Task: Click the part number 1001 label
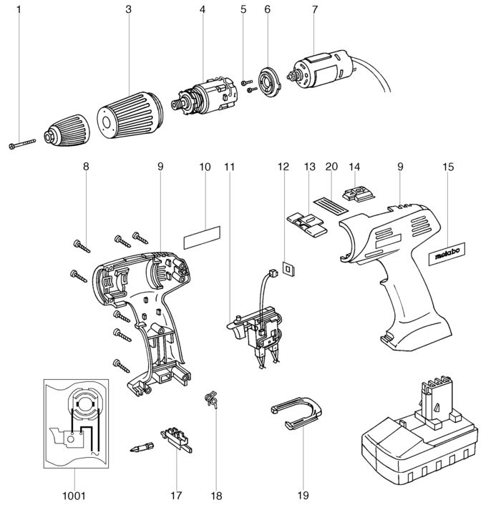click(x=74, y=494)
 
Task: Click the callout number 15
click(x=448, y=167)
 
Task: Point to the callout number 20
click(x=330, y=167)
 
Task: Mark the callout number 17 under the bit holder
click(x=177, y=494)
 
